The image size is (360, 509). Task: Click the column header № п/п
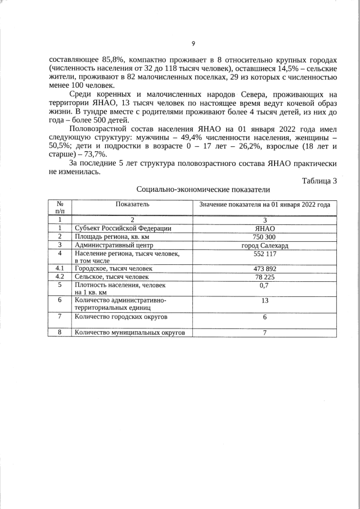click(x=60, y=207)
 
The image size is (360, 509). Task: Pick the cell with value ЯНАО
click(x=264, y=228)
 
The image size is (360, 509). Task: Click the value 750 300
click(x=264, y=237)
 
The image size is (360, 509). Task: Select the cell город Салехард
click(x=264, y=245)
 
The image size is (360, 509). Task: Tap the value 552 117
click(x=264, y=254)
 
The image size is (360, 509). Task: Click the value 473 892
click(x=264, y=269)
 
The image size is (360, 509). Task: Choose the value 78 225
click(x=264, y=277)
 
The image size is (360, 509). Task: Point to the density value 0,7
click(x=264, y=285)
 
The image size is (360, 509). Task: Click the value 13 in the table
click(x=264, y=301)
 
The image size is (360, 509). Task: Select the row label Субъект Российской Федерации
click(x=123, y=228)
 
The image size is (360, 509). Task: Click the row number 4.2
click(x=60, y=277)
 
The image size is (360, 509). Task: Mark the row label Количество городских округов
click(x=121, y=317)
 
